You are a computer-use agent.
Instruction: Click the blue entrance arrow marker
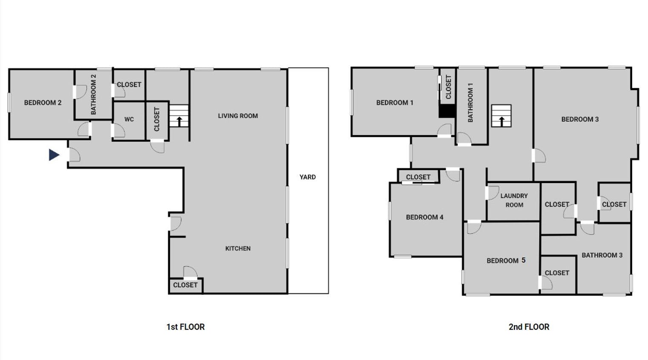(x=54, y=155)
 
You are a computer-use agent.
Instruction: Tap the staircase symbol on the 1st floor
(x=179, y=116)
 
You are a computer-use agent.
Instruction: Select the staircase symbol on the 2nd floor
(x=501, y=116)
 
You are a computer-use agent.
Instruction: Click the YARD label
(x=307, y=177)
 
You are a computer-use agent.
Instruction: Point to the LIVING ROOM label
(x=238, y=116)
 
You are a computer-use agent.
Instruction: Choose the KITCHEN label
(x=238, y=248)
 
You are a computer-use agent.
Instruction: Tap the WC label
(x=129, y=119)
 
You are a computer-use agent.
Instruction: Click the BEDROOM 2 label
(x=43, y=102)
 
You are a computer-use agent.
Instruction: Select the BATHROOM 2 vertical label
(x=93, y=94)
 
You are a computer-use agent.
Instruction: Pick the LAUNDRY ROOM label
(x=514, y=200)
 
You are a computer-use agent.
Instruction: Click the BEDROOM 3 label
(x=580, y=119)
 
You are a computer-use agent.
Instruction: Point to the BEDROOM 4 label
(x=425, y=217)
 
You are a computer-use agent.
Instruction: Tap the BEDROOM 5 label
(x=506, y=261)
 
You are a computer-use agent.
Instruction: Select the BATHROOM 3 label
(x=602, y=255)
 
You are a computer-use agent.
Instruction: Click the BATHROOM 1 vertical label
(x=470, y=102)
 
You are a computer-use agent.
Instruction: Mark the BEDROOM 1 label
(x=395, y=102)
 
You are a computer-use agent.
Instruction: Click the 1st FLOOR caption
(x=185, y=327)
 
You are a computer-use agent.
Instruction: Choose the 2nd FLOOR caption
(x=529, y=327)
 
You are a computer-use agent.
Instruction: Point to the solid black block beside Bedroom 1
(x=448, y=111)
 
